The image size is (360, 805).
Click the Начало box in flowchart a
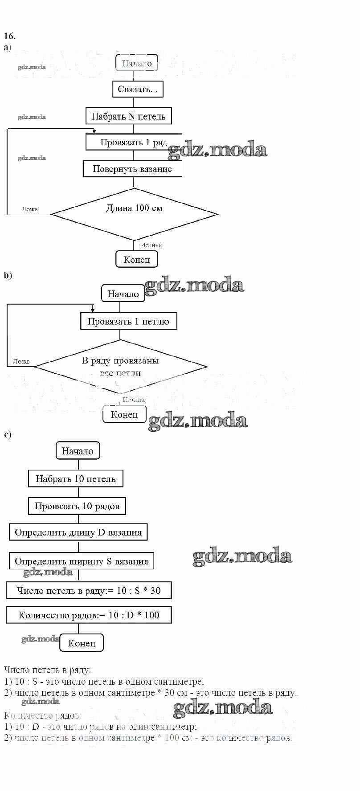[137, 63]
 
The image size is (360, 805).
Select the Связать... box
[137, 89]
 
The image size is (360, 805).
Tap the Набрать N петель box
[128, 116]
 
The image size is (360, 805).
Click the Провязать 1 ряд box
[134, 142]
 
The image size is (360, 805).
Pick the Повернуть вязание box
[132, 169]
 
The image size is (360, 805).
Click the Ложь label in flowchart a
[30, 209]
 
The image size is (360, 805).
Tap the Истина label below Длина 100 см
[151, 245]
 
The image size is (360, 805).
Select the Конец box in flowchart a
[137, 259]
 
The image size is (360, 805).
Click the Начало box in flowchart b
[123, 294]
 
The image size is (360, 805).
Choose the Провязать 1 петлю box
[128, 321]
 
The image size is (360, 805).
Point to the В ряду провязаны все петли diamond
[120, 367]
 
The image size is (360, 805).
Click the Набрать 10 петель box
[75, 479]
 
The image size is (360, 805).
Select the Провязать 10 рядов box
[77, 506]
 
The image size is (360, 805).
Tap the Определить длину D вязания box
[78, 532]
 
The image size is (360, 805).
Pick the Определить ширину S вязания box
[81, 561]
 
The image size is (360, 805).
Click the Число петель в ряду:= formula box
[89, 591]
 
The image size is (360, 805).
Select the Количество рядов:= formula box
[89, 615]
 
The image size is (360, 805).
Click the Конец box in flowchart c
[82, 643]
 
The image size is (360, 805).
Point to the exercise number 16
[9, 36]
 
